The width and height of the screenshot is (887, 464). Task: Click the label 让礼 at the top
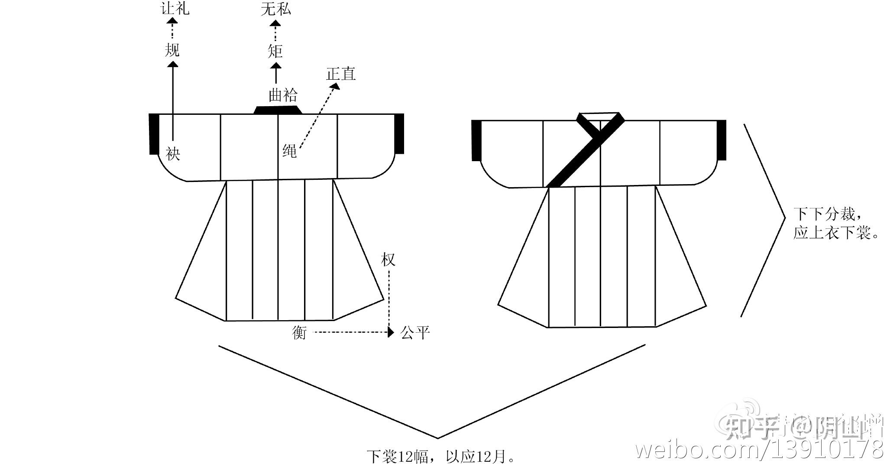click(175, 8)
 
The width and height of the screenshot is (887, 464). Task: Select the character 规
click(172, 50)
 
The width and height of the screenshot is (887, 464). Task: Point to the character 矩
click(275, 51)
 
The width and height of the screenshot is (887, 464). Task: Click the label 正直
click(341, 74)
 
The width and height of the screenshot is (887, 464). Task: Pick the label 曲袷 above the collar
click(283, 95)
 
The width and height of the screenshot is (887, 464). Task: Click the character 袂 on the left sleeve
click(173, 153)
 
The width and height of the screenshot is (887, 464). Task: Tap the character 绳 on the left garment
click(289, 151)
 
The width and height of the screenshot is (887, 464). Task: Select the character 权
click(388, 260)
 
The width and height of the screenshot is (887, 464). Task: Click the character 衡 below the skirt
click(299, 333)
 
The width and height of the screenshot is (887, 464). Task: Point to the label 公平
click(415, 333)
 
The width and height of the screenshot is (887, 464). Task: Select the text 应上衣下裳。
click(836, 234)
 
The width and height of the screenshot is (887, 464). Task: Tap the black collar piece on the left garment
click(278, 110)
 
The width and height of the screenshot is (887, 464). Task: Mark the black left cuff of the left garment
click(154, 134)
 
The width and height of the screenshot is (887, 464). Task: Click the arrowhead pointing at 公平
click(391, 332)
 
